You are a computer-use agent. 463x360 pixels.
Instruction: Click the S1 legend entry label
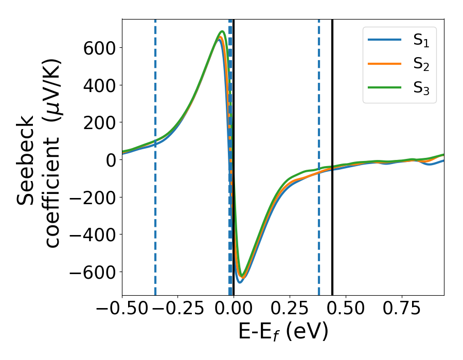421,42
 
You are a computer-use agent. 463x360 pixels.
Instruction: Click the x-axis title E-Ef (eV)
283,333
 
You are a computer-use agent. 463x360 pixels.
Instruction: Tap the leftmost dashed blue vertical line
155,231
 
